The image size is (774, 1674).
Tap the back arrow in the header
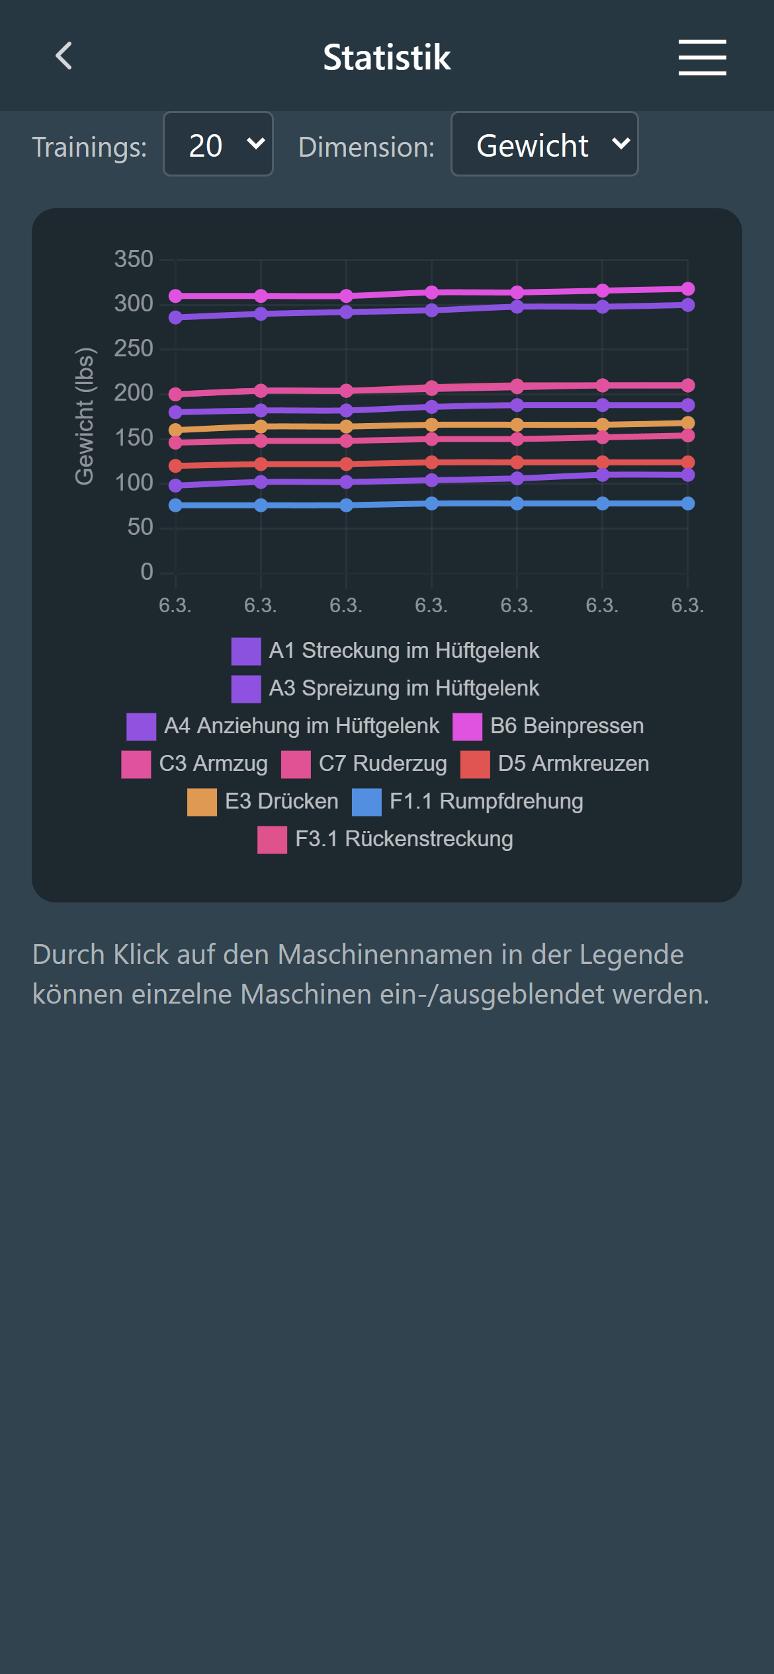(64, 56)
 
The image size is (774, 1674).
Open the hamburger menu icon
(702, 57)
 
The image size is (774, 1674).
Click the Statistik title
(386, 57)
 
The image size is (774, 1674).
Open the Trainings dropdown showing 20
(218, 144)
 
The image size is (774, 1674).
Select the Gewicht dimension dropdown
(544, 144)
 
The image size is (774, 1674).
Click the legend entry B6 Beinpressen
(566, 726)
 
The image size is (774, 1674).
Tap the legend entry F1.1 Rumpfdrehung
(486, 801)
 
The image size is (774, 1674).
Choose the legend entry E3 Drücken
(281, 801)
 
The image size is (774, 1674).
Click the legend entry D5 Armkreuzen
(573, 764)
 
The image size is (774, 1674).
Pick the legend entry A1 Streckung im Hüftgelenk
(404, 651)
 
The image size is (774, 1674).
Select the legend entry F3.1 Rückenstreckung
(404, 839)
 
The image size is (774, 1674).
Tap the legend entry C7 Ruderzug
(382, 764)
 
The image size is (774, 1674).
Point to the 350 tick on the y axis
(134, 259)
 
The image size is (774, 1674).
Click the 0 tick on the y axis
(146, 572)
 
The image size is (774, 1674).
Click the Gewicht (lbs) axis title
(85, 416)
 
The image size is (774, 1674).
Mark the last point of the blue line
(687, 504)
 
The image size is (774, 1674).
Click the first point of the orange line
(175, 430)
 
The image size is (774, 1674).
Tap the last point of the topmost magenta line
(687, 289)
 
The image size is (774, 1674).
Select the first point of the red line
(175, 466)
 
